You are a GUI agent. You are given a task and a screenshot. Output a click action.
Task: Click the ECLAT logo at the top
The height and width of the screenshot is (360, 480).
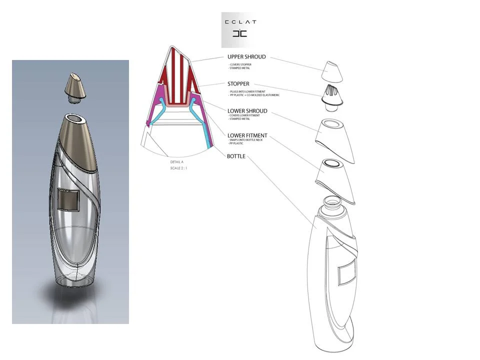point(240,28)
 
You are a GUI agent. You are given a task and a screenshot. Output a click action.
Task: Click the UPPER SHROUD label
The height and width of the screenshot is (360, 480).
point(246,57)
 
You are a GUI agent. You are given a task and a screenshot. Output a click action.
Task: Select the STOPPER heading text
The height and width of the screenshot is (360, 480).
point(238,84)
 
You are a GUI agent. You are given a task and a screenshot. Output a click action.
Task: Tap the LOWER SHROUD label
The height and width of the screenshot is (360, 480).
point(247,111)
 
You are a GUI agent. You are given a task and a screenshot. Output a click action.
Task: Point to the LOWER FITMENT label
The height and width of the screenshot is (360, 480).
point(247,135)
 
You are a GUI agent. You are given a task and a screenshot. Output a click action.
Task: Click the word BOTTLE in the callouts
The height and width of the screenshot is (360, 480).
point(236,156)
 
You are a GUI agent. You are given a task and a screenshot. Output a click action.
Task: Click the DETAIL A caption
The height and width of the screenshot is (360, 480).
point(178,162)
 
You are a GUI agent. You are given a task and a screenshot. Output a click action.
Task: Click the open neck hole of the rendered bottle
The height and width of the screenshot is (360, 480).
point(75,119)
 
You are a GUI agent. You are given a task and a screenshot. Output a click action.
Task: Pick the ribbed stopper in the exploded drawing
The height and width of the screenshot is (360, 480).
point(332,97)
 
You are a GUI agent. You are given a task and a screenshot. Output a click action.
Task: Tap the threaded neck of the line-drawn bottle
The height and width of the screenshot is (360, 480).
point(331,204)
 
